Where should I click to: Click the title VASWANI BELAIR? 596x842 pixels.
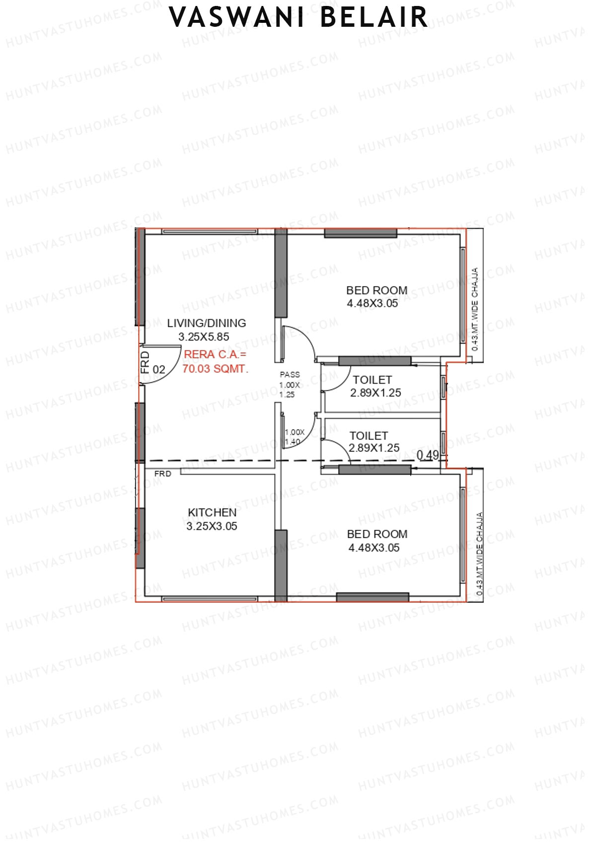[x=298, y=18]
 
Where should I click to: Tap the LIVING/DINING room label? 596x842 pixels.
[x=207, y=323]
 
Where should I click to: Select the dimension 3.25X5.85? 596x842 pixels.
[x=204, y=337]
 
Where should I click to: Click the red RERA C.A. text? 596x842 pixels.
[x=215, y=355]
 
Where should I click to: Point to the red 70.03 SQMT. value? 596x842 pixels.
[x=215, y=369]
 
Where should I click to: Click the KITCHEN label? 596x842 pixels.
[x=212, y=513]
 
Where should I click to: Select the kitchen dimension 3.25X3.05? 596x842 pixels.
[x=212, y=526]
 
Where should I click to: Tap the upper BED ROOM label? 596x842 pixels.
[x=376, y=290]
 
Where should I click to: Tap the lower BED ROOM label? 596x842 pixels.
[x=377, y=534]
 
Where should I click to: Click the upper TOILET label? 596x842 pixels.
[x=372, y=380]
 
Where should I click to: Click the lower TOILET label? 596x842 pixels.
[x=369, y=436]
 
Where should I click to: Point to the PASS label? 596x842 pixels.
[x=290, y=375]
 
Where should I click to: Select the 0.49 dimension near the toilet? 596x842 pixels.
[x=428, y=455]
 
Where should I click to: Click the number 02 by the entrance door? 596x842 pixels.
[x=159, y=370]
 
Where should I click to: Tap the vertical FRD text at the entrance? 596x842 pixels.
[x=145, y=362]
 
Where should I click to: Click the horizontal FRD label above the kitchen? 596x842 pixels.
[x=162, y=474]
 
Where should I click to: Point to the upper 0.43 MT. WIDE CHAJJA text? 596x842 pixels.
[x=475, y=309]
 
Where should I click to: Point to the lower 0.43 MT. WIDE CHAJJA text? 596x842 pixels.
[x=479, y=554]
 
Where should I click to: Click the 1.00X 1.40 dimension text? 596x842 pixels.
[x=294, y=437]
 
